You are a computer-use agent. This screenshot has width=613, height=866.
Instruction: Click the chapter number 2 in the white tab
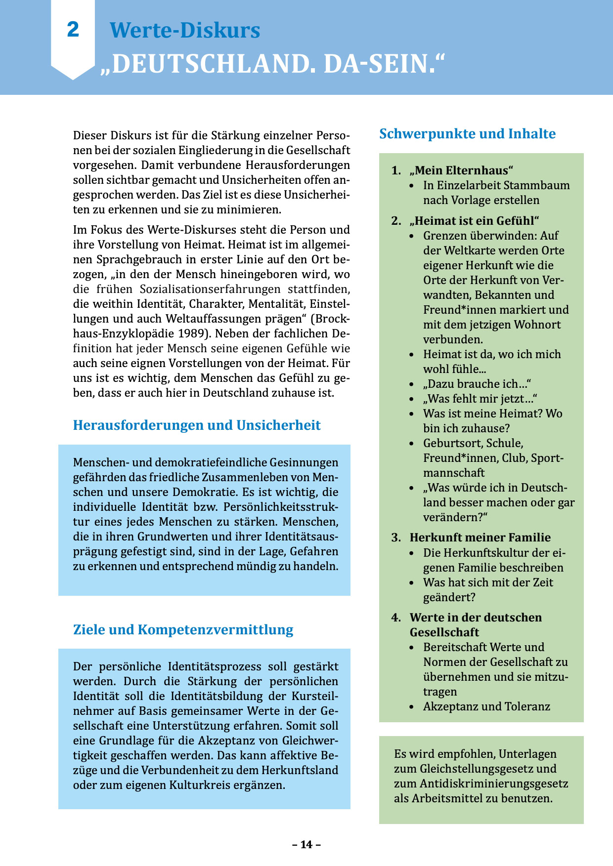[73, 30]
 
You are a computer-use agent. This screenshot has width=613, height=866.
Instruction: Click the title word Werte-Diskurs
[185, 30]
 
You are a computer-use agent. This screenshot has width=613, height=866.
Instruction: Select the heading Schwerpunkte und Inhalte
[467, 134]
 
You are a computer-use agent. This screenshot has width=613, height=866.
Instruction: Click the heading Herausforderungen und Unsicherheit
[197, 425]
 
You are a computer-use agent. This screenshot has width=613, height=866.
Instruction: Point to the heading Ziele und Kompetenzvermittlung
[183, 630]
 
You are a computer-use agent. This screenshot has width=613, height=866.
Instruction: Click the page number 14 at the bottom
[306, 844]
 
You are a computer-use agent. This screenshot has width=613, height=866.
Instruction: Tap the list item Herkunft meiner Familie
[480, 537]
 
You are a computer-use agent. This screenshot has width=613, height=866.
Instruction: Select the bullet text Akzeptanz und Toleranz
[486, 706]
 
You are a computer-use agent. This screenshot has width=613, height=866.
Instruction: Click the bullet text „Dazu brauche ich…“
[477, 384]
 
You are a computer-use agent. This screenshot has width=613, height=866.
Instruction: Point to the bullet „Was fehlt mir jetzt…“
[480, 399]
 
